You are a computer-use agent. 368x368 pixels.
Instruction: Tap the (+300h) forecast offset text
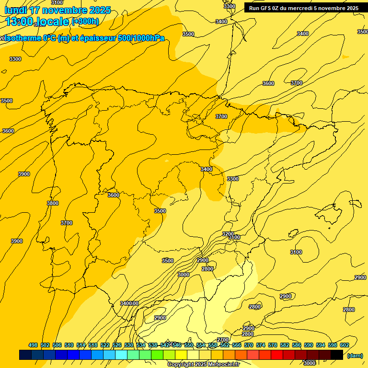(85, 21)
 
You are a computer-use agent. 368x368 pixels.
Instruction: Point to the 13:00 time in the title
(20, 22)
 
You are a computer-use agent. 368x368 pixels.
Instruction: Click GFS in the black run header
(267, 8)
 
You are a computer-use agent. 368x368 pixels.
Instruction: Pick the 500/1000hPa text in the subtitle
(140, 38)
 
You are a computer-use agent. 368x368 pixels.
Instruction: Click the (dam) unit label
(355, 356)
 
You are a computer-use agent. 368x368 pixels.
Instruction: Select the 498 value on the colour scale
(33, 345)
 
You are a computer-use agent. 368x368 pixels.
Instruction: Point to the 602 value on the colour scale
(345, 345)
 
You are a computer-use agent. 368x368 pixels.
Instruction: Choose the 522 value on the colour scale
(105, 345)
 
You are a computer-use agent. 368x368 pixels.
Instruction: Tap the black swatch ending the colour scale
(337, 355)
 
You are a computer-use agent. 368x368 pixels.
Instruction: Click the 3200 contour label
(229, 234)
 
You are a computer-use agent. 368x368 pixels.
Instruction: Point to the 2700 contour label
(223, 340)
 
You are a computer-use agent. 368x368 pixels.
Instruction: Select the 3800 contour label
(53, 203)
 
